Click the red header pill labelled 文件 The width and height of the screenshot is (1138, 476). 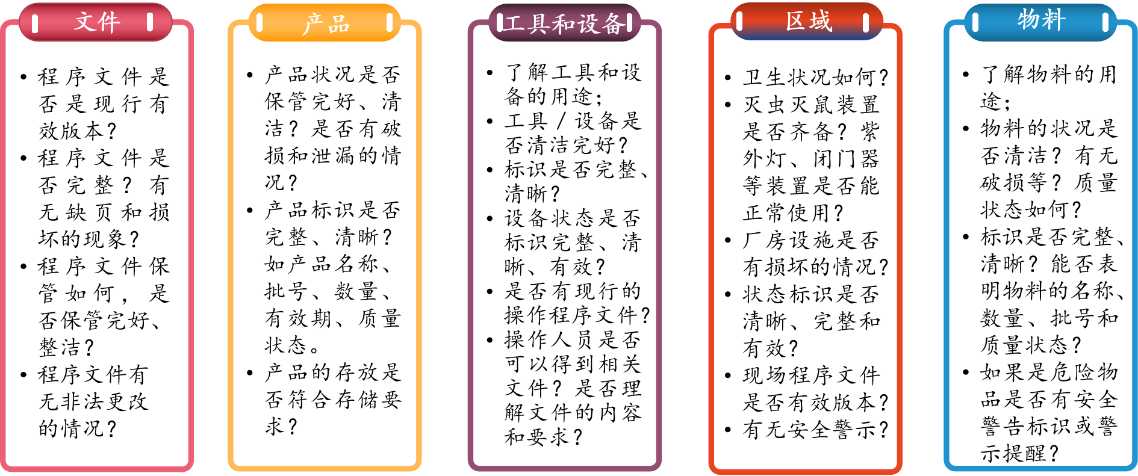click(x=96, y=23)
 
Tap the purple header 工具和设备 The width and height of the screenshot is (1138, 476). click(x=564, y=23)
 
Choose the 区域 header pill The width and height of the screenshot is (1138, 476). click(x=807, y=22)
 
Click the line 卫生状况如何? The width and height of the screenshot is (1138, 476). click(x=815, y=78)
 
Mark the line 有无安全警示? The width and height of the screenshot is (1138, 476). click(x=815, y=430)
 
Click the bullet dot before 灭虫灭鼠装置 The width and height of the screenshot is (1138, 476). click(x=728, y=105)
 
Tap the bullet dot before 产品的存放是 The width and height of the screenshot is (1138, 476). click(x=250, y=372)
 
